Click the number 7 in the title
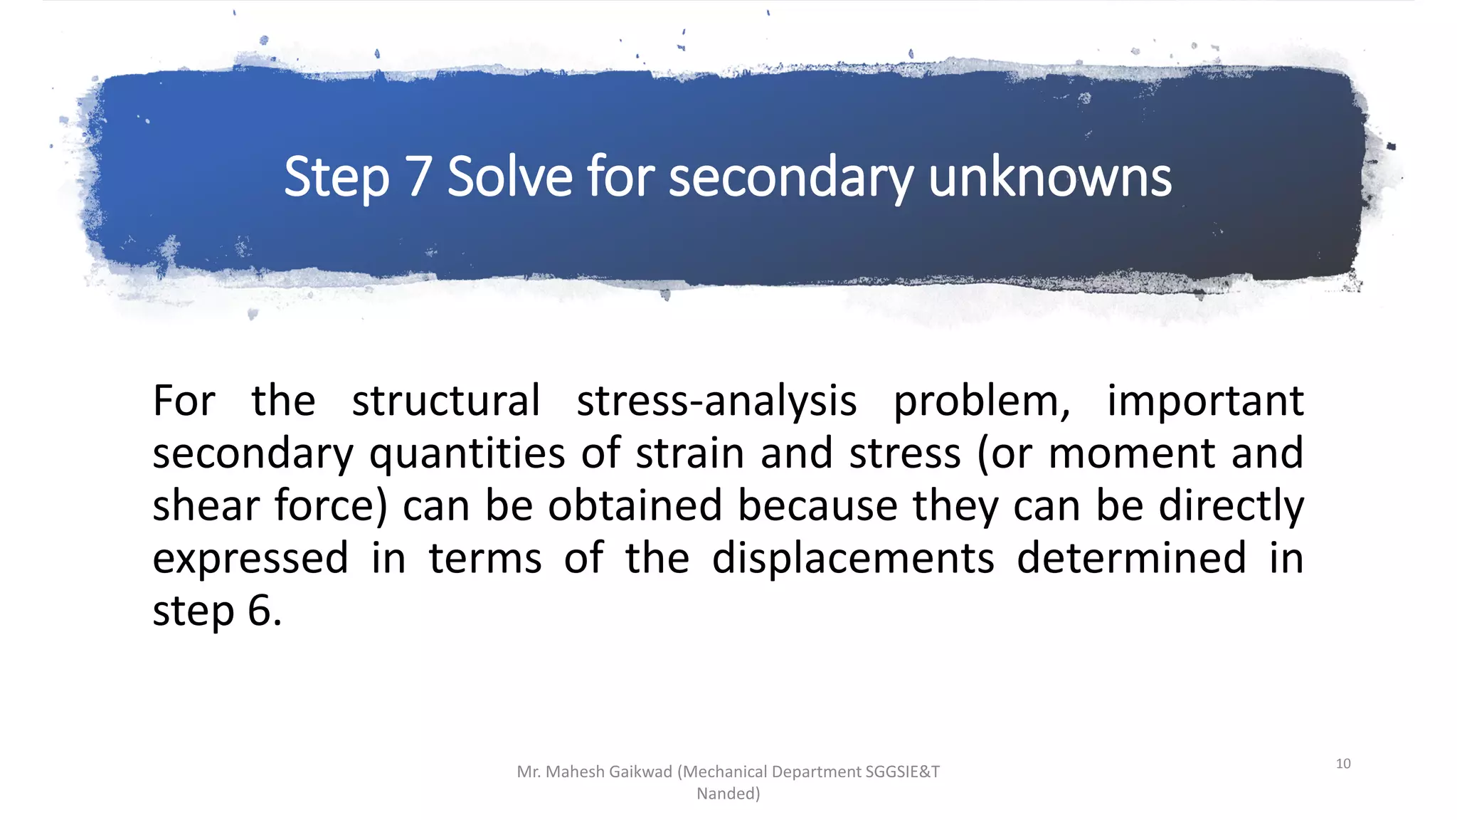pos(418,177)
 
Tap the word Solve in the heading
pos(509,177)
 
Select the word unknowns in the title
pos(1049,177)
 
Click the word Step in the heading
pos(337,179)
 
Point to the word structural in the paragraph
pos(446,401)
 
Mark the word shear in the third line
pos(206,505)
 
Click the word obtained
pos(635,505)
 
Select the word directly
pos(1231,507)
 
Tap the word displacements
pos(853,558)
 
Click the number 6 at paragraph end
pos(260,611)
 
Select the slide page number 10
pos(1342,764)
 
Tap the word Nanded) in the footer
pos(728,794)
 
